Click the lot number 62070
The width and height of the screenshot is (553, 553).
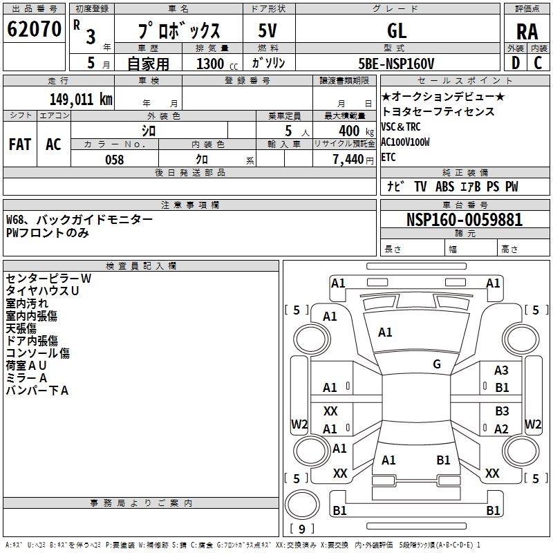point(34,29)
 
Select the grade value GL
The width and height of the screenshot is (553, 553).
point(397,30)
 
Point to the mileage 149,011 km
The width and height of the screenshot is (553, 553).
point(81,98)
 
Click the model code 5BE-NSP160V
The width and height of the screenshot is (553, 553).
point(397,64)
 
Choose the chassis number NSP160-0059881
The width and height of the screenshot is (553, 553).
point(465,220)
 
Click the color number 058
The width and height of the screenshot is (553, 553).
point(114,160)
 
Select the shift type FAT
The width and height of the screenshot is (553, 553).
point(19,144)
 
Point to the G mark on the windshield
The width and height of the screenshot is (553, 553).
point(437,364)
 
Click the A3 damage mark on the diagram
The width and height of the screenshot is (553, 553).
point(501,371)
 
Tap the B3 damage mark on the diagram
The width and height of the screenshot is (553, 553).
point(502,412)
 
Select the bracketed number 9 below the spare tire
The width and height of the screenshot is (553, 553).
point(301,529)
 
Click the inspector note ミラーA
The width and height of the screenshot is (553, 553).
point(26,378)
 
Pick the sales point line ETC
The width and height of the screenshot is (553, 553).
point(388,157)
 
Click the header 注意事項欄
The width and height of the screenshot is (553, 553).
point(189,205)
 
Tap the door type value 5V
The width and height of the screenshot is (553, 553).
point(268,30)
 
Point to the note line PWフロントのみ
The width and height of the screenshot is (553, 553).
point(48,232)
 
